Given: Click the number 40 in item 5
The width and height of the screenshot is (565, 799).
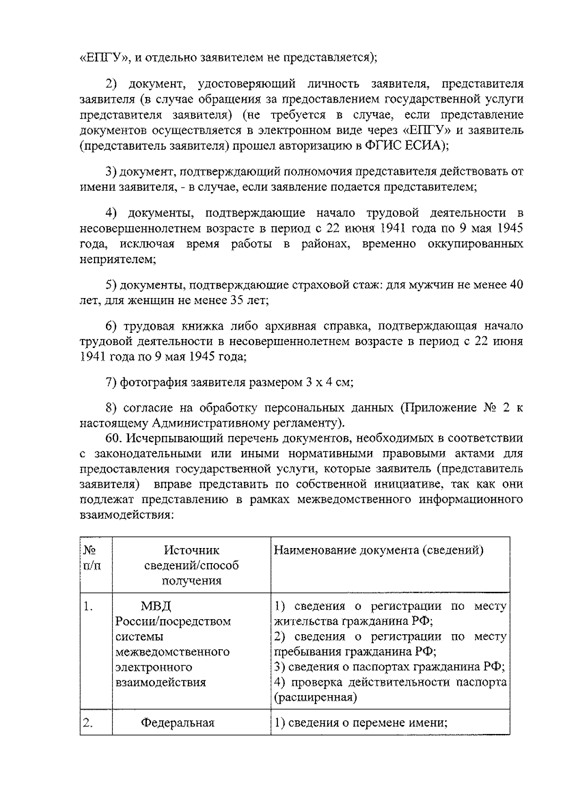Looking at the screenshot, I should coord(516,285).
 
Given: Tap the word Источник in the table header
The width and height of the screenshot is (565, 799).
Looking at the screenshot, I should coord(191,550).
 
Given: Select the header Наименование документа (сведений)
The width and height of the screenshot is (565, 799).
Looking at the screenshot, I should coord(379,550).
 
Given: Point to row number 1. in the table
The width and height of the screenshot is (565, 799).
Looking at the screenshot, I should coord(88,606).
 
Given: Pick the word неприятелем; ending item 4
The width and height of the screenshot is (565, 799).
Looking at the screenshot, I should coord(118,259).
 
